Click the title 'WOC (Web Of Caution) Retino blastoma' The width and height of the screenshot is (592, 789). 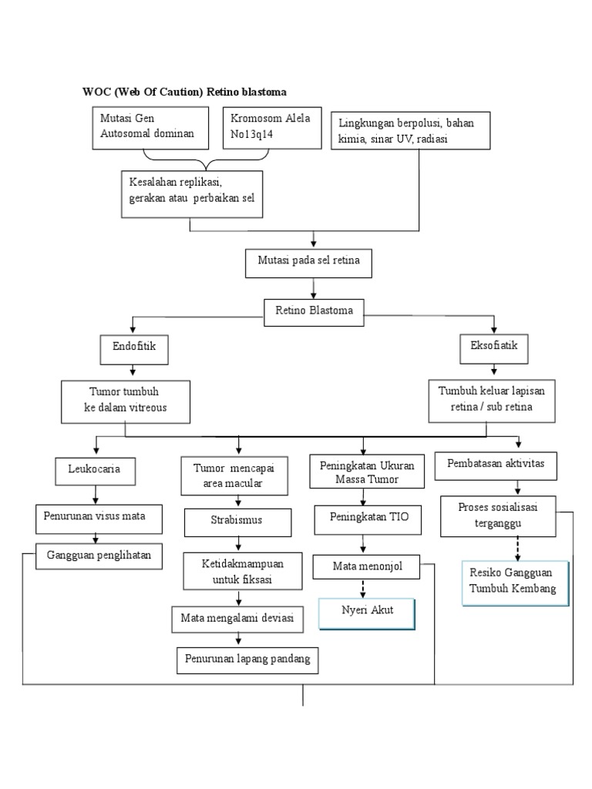point(184,92)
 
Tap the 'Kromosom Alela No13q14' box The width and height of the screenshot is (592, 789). point(271,127)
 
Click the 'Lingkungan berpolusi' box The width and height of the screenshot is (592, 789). point(411,131)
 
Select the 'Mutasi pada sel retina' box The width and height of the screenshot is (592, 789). point(313,262)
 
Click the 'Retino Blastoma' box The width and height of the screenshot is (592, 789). point(313,311)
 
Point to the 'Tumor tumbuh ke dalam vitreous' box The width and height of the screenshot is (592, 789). point(126,401)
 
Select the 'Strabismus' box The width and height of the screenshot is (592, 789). point(237,521)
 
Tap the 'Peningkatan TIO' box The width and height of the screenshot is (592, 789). point(368,519)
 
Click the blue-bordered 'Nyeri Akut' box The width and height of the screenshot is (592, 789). point(368,613)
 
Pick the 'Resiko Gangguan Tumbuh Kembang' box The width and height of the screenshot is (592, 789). point(515,583)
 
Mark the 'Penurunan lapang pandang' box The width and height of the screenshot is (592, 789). point(247,660)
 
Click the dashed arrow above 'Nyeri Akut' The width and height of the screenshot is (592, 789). point(362,588)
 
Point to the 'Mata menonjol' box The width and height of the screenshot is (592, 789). point(368,567)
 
